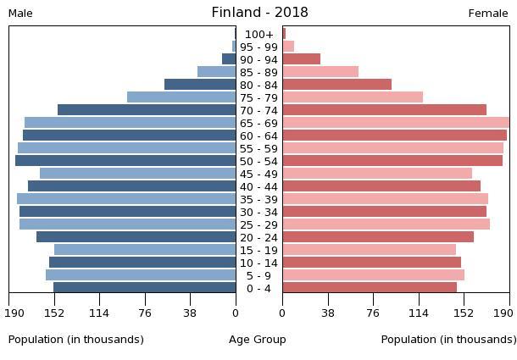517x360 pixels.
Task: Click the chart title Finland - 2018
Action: pyautogui.click(x=259, y=13)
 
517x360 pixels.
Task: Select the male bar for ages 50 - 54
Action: pyautogui.click(x=125, y=161)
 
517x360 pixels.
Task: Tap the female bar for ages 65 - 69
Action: pyautogui.click(x=396, y=123)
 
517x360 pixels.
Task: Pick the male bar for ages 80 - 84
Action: pyautogui.click(x=200, y=85)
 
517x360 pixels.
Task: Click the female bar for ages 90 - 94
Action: pyautogui.click(x=301, y=59)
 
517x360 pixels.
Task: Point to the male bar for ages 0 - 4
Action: pyautogui.click(x=144, y=288)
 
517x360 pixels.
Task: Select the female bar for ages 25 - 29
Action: pyautogui.click(x=386, y=224)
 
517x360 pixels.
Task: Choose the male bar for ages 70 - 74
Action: pyautogui.click(x=147, y=110)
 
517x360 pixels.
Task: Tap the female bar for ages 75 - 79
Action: pyautogui.click(x=353, y=97)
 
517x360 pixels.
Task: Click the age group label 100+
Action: pyautogui.click(x=258, y=34)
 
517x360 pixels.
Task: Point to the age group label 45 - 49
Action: pyautogui.click(x=258, y=174)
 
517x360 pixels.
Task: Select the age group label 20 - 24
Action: pyautogui.click(x=258, y=237)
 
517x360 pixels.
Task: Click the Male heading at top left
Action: pyautogui.click(x=20, y=14)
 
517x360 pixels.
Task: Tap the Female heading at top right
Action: pyautogui.click(x=488, y=14)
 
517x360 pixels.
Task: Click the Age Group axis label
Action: pyautogui.click(x=258, y=340)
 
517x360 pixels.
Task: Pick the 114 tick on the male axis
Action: pyautogui.click(x=99, y=312)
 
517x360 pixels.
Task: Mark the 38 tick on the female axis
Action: pyautogui.click(x=328, y=312)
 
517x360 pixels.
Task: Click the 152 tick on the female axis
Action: pyautogui.click(x=464, y=312)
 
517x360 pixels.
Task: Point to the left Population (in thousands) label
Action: pyautogui.click(x=76, y=340)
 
